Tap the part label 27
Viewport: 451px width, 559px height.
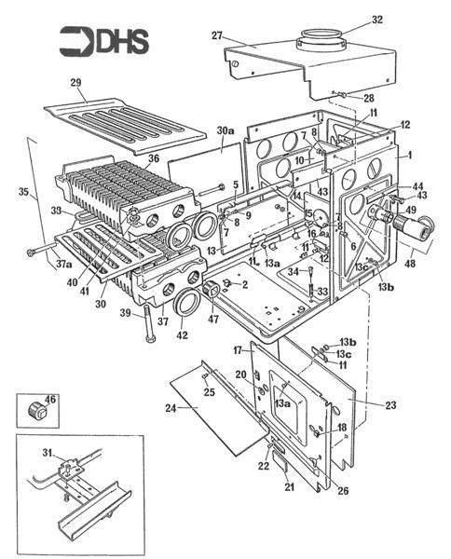click(216, 36)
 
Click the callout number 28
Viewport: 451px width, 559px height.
click(368, 97)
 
